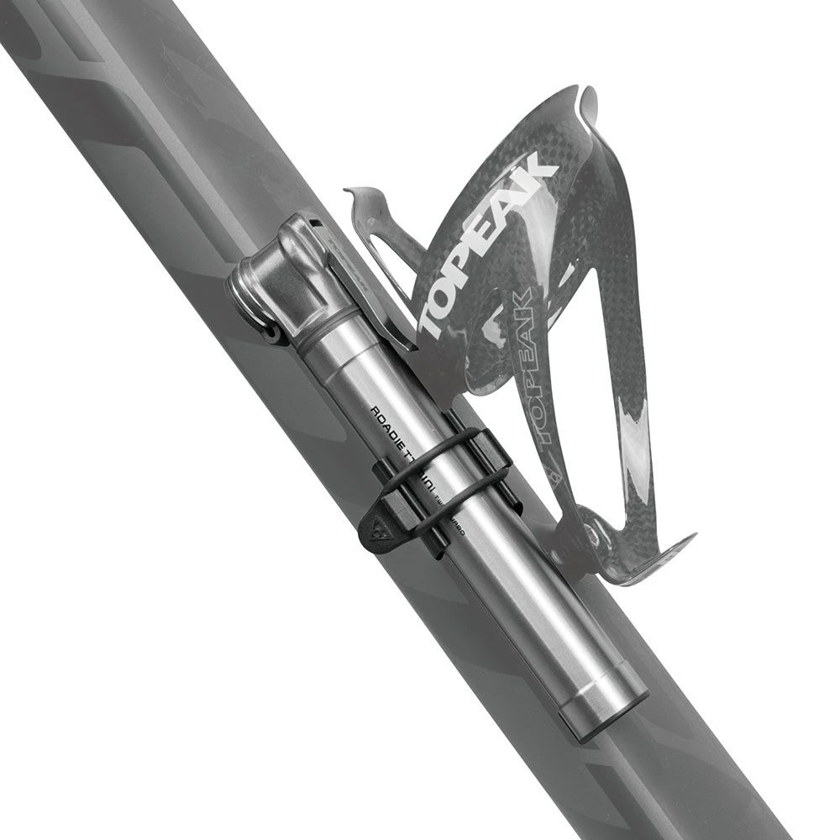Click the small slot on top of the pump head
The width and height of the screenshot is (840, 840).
(313, 223)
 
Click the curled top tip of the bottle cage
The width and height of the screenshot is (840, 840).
(588, 105)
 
